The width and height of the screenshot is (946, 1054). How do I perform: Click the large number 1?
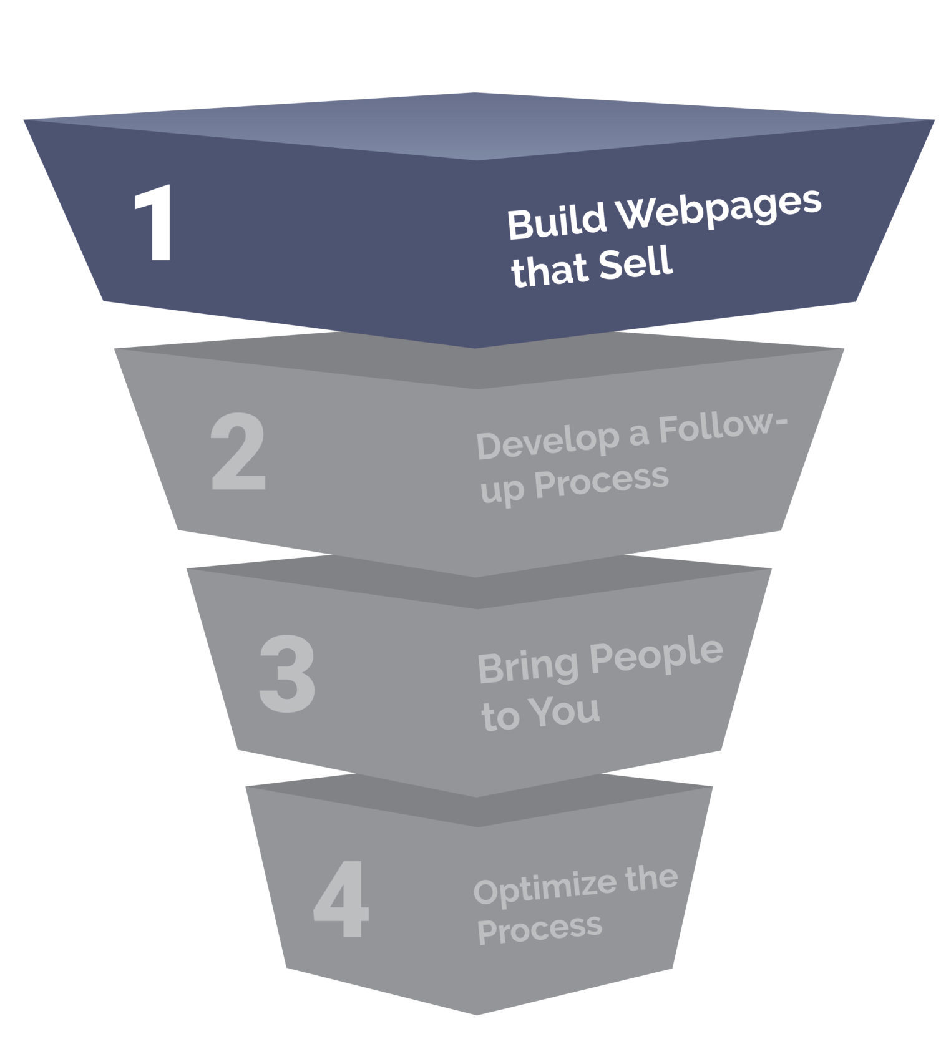coord(154,223)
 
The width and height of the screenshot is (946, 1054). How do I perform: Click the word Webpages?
coord(719,210)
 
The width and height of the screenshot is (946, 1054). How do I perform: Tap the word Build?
coord(557,223)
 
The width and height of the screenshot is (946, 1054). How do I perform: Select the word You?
coord(565,711)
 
